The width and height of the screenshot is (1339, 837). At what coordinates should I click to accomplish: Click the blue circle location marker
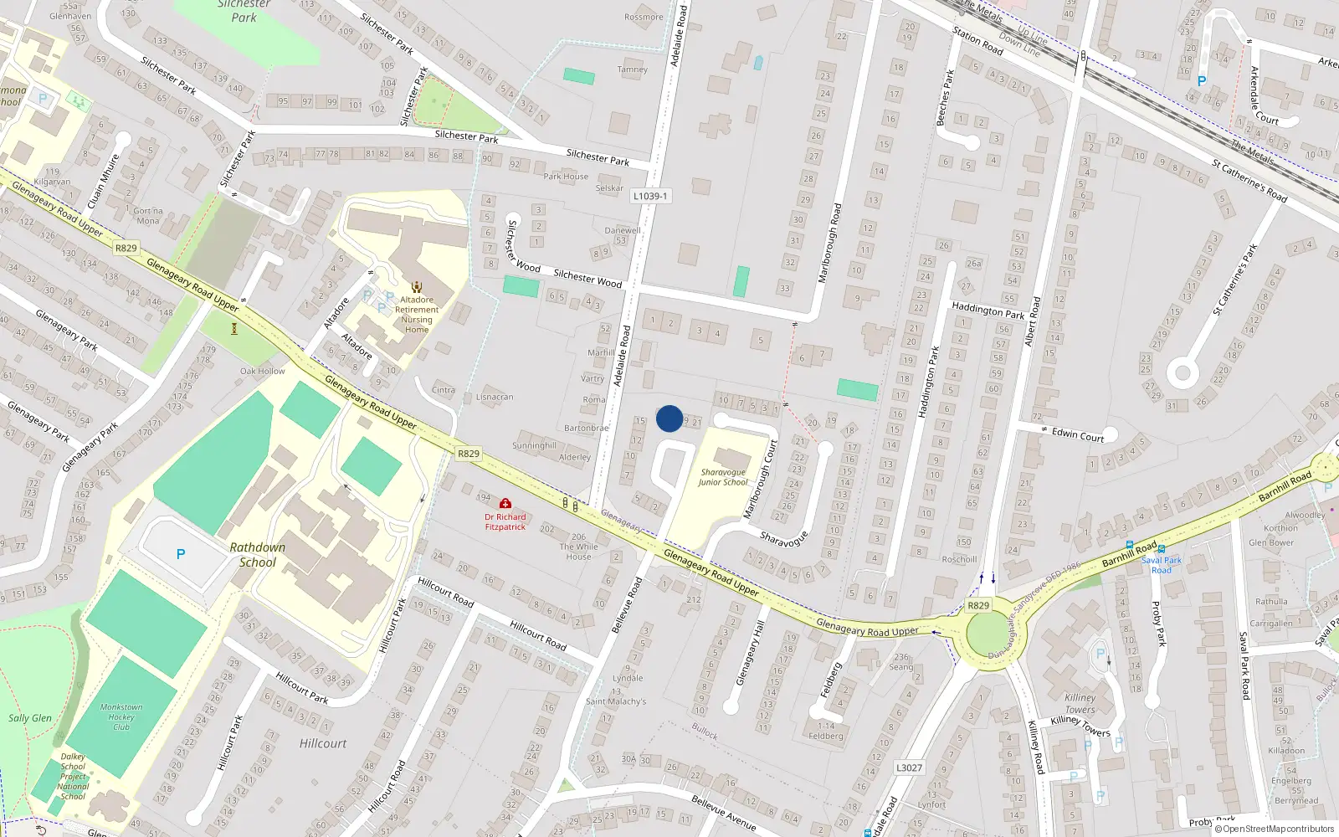tap(669, 418)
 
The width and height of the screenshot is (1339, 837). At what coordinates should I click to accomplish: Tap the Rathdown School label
tap(258, 555)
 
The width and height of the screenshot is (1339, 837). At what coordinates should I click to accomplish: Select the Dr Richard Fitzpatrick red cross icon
tap(505, 504)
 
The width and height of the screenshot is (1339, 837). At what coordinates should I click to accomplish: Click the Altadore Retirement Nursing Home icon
tap(417, 286)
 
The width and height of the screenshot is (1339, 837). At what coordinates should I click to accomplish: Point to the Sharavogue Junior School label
tap(723, 477)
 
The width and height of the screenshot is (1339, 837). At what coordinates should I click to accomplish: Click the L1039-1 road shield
tap(650, 196)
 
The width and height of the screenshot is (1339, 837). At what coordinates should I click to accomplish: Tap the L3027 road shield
tap(909, 768)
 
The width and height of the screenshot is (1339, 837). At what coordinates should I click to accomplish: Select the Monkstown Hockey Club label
tap(121, 716)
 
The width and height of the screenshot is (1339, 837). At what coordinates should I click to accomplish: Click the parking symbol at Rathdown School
tap(181, 554)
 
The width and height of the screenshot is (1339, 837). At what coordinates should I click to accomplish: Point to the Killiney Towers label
tap(1080, 703)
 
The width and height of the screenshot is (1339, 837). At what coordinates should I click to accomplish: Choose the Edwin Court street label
tap(1078, 434)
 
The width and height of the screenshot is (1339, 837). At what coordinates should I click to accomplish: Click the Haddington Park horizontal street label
tap(988, 311)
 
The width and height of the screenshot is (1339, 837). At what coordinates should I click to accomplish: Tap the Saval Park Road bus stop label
tap(1162, 565)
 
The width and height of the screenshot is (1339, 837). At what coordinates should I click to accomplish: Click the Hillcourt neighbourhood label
tap(323, 743)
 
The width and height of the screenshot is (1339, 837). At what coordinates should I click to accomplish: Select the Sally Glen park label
tap(30, 718)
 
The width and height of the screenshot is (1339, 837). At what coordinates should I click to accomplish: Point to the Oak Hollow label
tap(263, 371)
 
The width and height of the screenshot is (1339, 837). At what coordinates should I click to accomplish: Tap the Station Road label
tap(977, 41)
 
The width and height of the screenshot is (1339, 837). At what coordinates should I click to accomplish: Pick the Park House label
tap(566, 177)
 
